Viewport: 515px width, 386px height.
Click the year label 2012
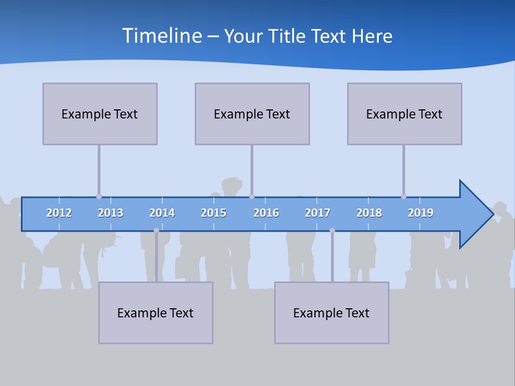point(59,213)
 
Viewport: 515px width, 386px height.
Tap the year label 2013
point(111,213)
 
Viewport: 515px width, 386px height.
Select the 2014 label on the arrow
point(162,213)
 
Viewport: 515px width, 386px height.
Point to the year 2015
point(214,213)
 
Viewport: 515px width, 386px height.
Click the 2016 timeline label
point(266,213)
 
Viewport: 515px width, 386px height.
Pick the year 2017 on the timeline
point(318,213)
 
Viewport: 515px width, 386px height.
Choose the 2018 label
point(369,213)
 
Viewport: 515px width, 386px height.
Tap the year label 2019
point(421,213)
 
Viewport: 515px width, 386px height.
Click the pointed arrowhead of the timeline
point(477,214)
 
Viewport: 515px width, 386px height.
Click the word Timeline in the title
point(161,36)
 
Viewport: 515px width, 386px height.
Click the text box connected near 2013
point(100,114)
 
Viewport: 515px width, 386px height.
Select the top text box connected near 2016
point(252,114)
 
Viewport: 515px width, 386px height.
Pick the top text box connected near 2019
point(404,114)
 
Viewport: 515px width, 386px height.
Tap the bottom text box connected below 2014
point(156,313)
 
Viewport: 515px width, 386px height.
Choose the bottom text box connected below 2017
point(332,313)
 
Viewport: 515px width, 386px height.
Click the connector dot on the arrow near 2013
point(99,196)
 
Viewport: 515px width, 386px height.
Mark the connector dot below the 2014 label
point(156,230)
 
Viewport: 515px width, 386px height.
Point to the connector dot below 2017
point(332,230)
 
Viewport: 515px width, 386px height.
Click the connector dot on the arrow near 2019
point(403,196)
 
